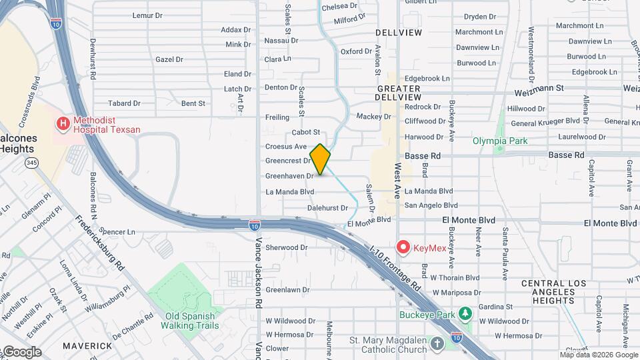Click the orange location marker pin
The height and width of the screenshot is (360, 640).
[x=320, y=159]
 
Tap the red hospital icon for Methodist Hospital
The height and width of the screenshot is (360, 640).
[x=63, y=123]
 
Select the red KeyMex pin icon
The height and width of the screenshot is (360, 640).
[x=403, y=248]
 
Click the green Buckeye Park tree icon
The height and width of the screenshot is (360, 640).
[x=465, y=313]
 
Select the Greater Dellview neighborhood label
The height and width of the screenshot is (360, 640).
[x=399, y=93]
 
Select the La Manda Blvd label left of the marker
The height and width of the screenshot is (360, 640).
[x=289, y=192]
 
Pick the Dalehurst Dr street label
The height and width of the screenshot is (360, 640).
[x=327, y=208]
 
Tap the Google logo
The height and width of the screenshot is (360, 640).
[x=21, y=351]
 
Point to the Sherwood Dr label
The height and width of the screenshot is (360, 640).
[x=286, y=247]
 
